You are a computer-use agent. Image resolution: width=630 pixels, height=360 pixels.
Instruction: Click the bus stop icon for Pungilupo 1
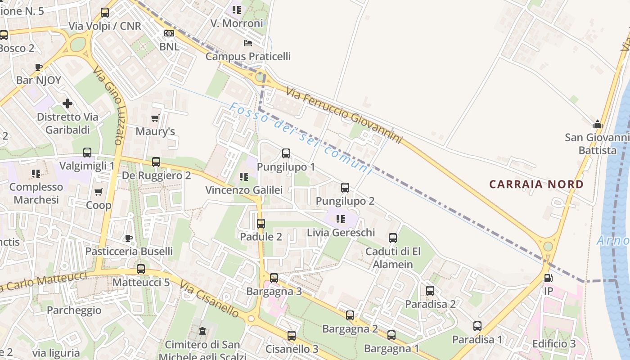[286, 153]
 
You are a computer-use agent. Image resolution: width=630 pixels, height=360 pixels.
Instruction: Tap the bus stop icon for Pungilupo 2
[345, 188]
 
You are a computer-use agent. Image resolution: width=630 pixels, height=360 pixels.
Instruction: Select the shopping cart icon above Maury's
[155, 118]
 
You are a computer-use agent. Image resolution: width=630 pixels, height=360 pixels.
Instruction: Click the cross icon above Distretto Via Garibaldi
[67, 104]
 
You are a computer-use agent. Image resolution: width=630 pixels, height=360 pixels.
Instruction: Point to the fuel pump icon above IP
[548, 278]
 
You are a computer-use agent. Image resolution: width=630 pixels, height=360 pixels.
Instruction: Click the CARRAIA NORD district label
[536, 184]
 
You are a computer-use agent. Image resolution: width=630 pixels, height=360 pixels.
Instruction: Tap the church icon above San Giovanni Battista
[597, 124]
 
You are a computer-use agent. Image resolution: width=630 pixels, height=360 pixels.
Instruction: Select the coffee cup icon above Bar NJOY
[39, 67]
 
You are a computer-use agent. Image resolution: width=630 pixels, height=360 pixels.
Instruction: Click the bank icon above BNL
[169, 33]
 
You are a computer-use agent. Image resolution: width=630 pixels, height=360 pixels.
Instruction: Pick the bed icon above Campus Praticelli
[248, 43]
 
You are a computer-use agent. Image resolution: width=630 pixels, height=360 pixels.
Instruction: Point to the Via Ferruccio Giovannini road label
[344, 116]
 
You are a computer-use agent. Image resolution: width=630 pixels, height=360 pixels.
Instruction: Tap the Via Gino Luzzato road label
[108, 106]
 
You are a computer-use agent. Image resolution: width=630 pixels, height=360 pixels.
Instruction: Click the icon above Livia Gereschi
[341, 219]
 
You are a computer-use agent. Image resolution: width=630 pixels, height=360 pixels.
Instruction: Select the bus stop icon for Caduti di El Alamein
[393, 238]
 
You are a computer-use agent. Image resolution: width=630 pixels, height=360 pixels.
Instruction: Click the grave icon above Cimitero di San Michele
[202, 331]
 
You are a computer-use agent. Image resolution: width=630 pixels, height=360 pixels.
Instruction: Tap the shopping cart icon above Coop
[99, 192]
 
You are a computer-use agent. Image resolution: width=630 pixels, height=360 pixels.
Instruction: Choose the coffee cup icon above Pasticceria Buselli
[129, 238]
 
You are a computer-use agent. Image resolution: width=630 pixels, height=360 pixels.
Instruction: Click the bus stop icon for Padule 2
[261, 223]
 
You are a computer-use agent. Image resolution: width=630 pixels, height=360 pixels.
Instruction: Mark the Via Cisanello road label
[209, 299]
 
